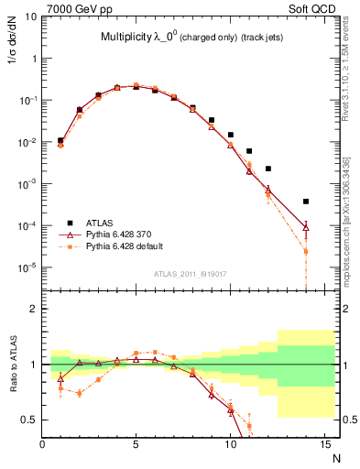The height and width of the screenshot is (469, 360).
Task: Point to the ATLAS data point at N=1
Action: (x=60, y=141)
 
